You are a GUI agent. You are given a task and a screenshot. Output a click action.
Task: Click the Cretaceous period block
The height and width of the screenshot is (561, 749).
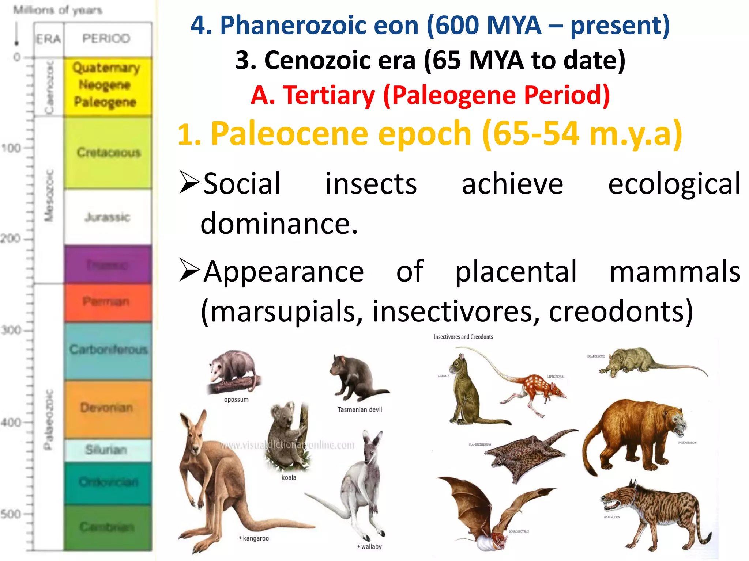(108, 152)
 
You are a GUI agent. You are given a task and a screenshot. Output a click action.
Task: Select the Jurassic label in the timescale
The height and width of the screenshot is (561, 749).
(107, 217)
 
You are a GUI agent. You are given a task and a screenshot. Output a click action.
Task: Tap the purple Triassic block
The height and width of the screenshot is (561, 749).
(108, 264)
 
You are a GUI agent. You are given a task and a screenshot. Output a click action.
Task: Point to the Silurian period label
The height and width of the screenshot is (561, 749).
(106, 450)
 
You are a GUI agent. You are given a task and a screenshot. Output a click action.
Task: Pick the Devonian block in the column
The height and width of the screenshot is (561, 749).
(107, 408)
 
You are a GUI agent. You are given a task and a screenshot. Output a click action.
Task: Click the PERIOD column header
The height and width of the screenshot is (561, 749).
(106, 38)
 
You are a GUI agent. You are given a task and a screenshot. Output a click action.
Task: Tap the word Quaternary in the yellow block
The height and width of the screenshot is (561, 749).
(106, 68)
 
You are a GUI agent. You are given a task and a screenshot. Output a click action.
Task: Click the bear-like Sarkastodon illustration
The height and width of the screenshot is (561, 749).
(636, 435)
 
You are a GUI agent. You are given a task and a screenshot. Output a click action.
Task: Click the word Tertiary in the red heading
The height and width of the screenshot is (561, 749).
(329, 95)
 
